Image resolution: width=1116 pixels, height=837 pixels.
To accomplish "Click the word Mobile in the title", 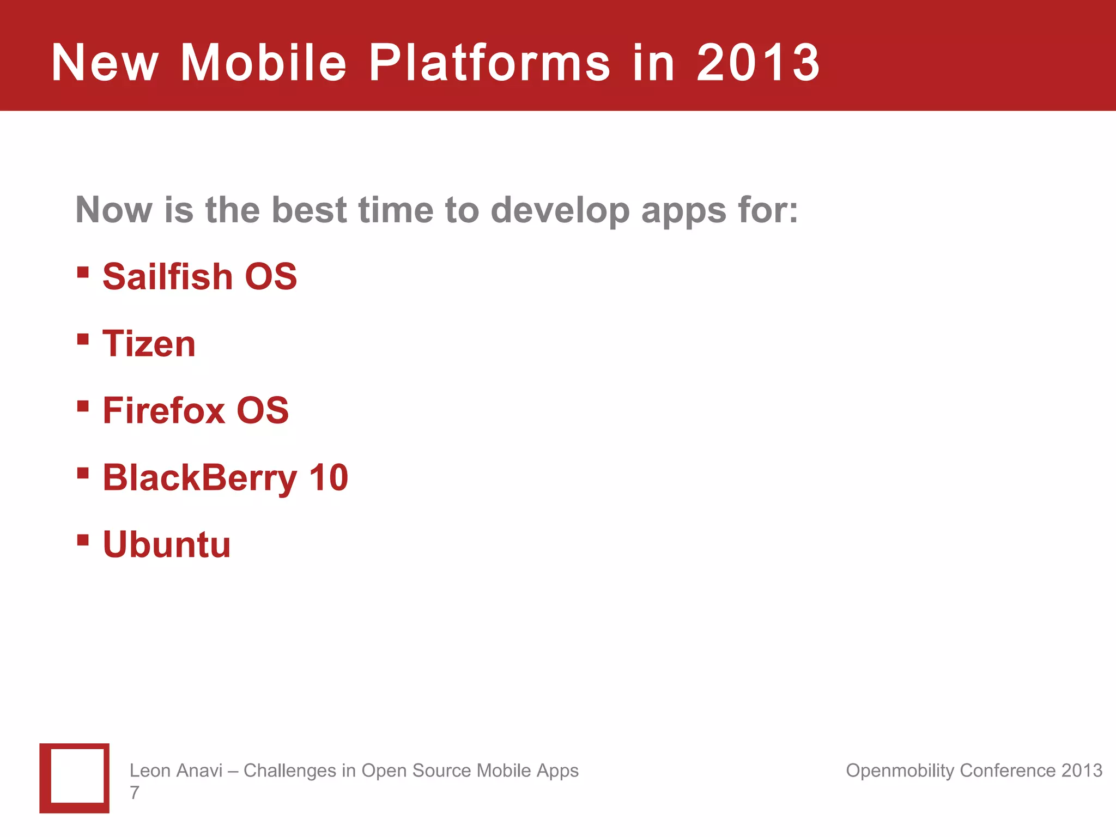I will click(x=263, y=63).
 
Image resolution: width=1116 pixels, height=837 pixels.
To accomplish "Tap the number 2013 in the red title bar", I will click(x=758, y=63).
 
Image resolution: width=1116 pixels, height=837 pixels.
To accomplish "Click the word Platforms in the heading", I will click(x=489, y=63).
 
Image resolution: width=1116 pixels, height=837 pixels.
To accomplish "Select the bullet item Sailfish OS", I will click(x=199, y=276).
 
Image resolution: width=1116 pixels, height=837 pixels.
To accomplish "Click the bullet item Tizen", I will click(x=149, y=344).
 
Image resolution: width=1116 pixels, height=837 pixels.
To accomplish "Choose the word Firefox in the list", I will click(x=163, y=410).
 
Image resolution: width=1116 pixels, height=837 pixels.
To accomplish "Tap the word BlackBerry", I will click(x=199, y=478).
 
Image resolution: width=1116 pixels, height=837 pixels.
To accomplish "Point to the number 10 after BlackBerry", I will click(x=329, y=477).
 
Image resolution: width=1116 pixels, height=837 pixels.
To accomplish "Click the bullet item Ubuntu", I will click(x=167, y=544).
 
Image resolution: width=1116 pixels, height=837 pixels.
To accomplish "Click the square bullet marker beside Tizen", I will click(x=83, y=339).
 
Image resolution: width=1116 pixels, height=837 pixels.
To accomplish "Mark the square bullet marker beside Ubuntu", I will click(x=83, y=540).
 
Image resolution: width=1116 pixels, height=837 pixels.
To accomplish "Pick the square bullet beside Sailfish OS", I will click(x=83, y=272).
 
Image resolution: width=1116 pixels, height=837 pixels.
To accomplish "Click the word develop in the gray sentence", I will click(x=560, y=211).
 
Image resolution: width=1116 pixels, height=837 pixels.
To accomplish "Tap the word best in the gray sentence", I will click(x=309, y=210).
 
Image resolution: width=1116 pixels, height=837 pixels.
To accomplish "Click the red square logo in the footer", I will click(x=75, y=778).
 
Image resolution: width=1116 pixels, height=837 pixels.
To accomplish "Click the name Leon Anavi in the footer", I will click(x=175, y=771).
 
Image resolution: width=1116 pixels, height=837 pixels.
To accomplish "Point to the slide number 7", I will click(x=135, y=792).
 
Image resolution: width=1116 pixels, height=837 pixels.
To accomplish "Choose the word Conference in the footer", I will click(x=1008, y=771).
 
